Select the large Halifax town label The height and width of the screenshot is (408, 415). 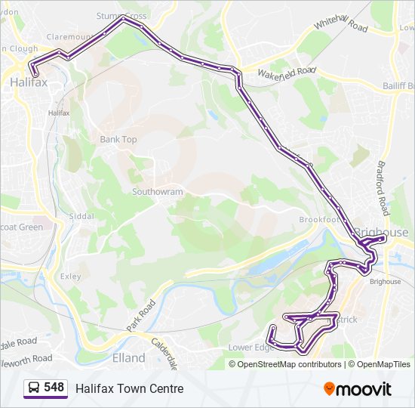point(29,83)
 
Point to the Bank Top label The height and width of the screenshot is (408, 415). point(118,140)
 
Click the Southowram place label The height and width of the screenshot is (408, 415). point(158,192)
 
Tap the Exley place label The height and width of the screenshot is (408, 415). point(71,277)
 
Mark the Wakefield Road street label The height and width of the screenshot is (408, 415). point(285,73)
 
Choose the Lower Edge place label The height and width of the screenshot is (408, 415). point(251,348)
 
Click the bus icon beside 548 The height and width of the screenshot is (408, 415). point(33,388)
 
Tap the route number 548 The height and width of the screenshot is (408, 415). point(54,388)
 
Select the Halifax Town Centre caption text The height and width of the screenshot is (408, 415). point(129,388)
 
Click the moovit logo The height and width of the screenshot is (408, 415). point(358,388)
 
